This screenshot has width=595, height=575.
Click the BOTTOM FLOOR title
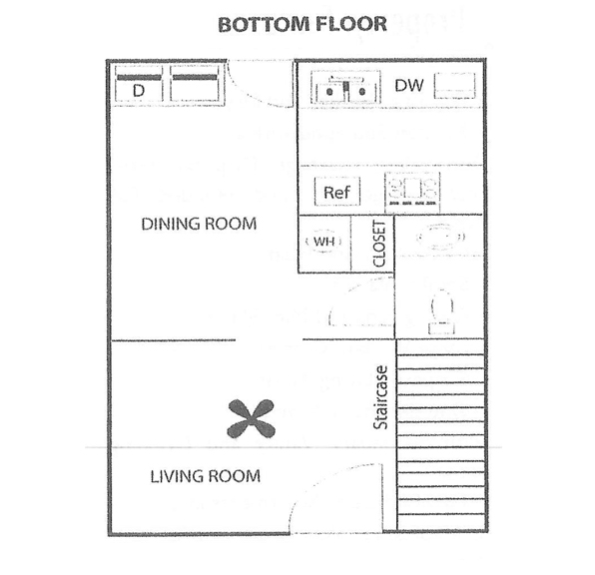click(x=302, y=24)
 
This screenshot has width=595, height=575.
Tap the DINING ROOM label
click(x=199, y=224)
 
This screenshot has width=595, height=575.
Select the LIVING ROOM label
click(x=206, y=476)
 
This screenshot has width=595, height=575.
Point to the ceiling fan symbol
click(x=252, y=418)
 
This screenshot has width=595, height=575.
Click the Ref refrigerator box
click(x=337, y=192)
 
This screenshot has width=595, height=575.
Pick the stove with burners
click(x=412, y=192)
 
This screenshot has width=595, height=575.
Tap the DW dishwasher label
click(x=409, y=86)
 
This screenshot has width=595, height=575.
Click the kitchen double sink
click(x=345, y=87)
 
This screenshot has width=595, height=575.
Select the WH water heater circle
click(x=323, y=241)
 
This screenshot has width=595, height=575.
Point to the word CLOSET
click(x=379, y=244)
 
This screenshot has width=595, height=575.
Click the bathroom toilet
click(x=441, y=312)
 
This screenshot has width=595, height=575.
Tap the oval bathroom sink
click(x=440, y=238)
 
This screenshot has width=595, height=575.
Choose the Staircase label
click(x=380, y=397)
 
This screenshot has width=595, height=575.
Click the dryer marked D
click(x=139, y=84)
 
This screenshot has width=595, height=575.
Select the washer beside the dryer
click(x=195, y=84)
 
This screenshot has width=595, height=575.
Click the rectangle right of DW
click(x=454, y=86)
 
